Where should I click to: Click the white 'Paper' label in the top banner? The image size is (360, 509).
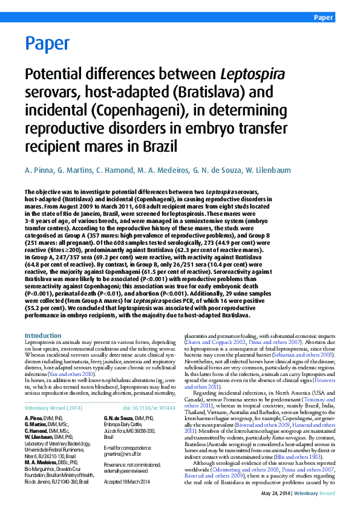[x=323, y=18]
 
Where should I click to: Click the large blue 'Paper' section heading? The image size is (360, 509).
[x=47, y=44]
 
